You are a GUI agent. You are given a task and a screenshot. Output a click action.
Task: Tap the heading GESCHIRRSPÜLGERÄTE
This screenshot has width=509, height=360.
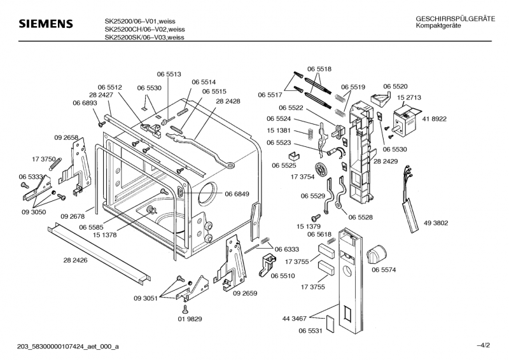[x=455, y=19]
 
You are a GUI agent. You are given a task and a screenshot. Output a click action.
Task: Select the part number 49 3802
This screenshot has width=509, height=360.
[x=436, y=223]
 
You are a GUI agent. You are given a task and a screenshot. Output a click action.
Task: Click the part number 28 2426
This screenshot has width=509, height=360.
[x=76, y=260]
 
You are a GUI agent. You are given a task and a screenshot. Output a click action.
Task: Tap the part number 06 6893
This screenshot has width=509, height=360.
[x=85, y=103]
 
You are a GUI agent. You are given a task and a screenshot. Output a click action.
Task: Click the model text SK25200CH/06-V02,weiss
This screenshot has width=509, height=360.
[x=145, y=29]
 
